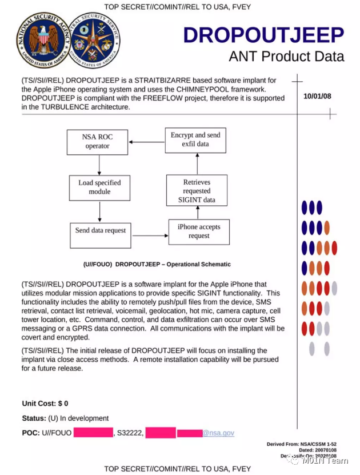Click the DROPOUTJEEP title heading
[x=263, y=35]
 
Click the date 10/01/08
[x=317, y=96]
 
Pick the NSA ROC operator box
[x=98, y=141]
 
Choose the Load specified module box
[x=99, y=187]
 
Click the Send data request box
[x=101, y=230]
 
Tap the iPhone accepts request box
[x=199, y=231]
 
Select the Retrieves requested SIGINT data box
[x=197, y=191]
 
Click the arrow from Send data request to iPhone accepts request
[x=150, y=235]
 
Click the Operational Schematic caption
[x=157, y=265]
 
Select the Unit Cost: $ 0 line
[x=45, y=404]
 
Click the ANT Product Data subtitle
[x=286, y=56]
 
